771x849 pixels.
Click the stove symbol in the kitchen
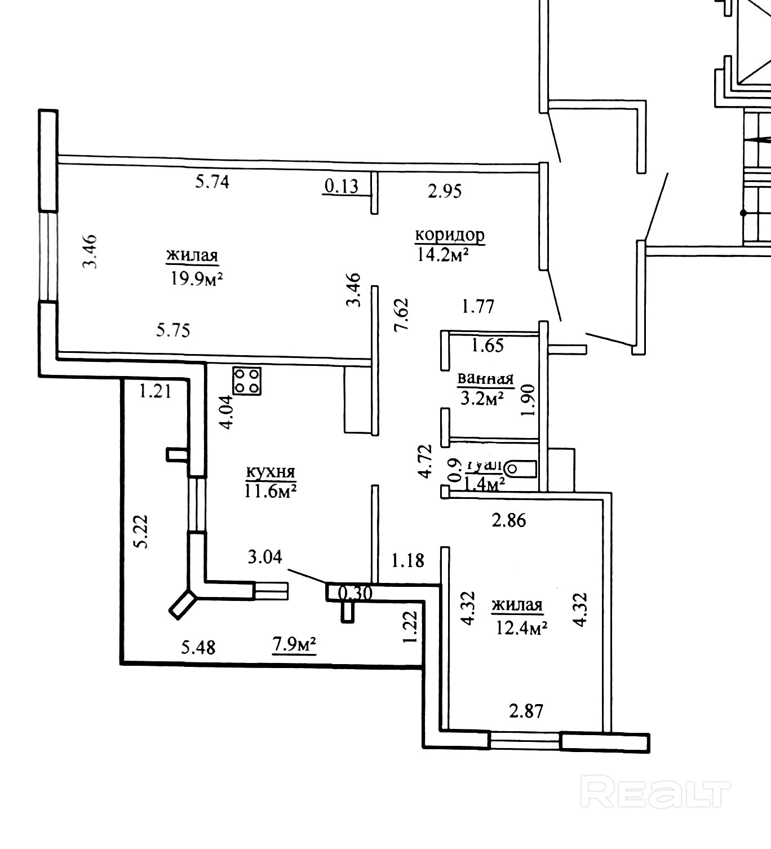(247, 381)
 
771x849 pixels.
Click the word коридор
(450, 235)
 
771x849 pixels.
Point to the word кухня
(271, 472)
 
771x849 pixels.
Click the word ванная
(485, 379)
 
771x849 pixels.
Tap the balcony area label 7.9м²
(294, 644)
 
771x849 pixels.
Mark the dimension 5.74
(212, 182)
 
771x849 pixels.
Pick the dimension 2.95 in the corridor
(445, 191)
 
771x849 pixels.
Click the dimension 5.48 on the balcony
(198, 647)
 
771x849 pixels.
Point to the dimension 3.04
(264, 557)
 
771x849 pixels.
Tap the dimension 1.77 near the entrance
(477, 307)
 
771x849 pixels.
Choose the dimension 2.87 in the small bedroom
(526, 710)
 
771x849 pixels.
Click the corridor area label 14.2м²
(444, 255)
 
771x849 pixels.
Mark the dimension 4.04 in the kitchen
(227, 413)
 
